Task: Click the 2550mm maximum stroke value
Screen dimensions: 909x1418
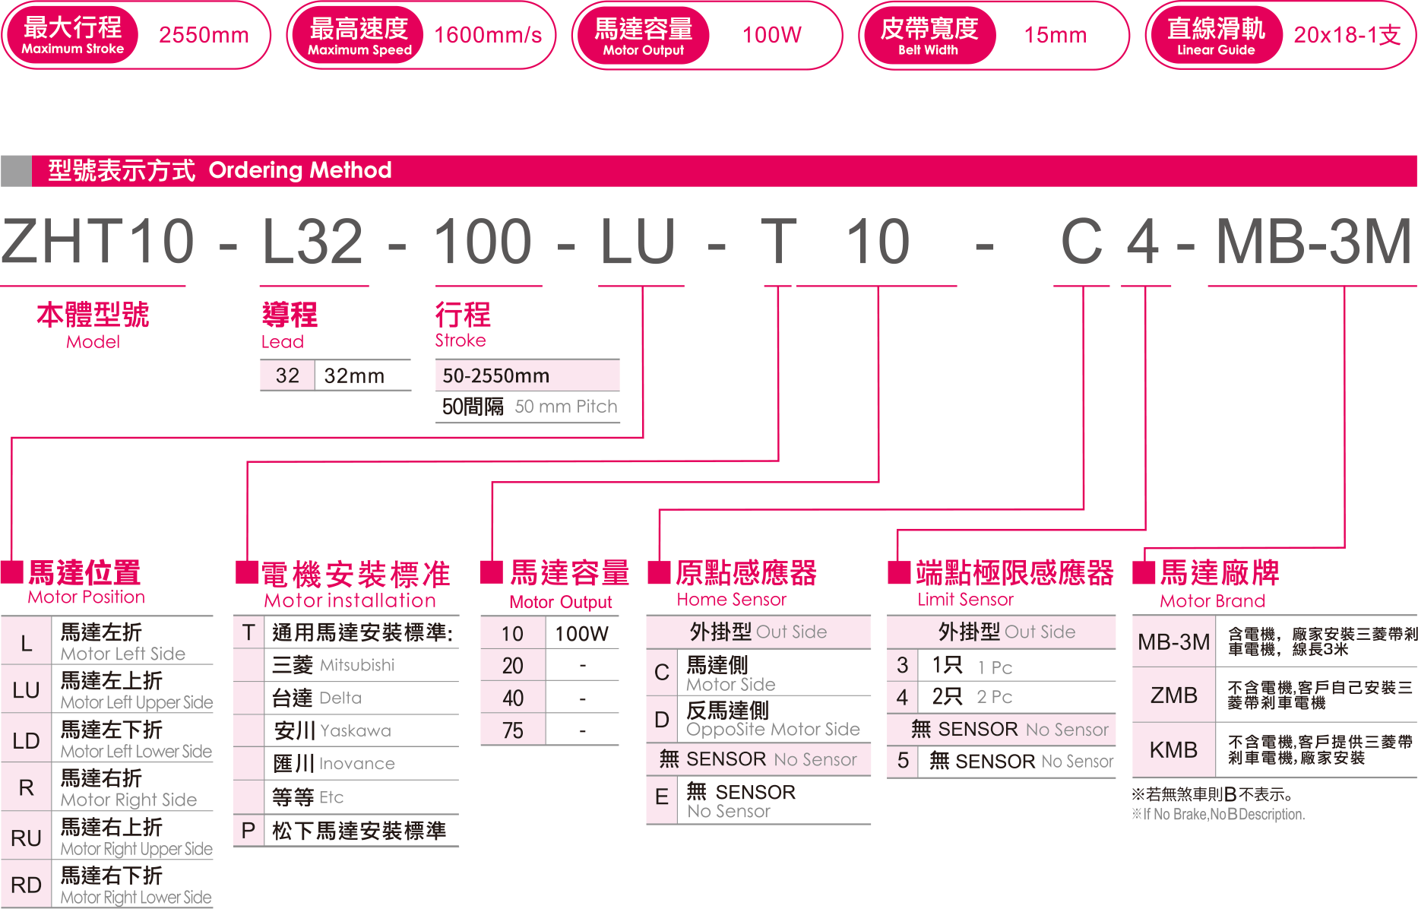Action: [x=204, y=35]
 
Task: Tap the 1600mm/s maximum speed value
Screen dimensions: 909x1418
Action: [x=488, y=35]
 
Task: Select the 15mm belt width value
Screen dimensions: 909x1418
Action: [x=1055, y=35]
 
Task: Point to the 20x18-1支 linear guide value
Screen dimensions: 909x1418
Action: [x=1347, y=35]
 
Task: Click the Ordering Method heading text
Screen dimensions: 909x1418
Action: [x=299, y=170]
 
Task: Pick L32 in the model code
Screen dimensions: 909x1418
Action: [x=313, y=242]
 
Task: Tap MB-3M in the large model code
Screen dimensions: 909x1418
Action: [x=1313, y=242]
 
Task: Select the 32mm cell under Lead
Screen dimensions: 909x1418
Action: [x=354, y=375]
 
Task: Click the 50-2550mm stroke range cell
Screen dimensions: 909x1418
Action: [x=495, y=375]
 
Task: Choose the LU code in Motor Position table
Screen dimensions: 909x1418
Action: [x=26, y=690]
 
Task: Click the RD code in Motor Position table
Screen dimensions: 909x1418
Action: [x=26, y=885]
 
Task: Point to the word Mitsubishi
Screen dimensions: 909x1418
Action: [x=357, y=665]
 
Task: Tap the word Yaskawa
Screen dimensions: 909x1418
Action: [x=355, y=730]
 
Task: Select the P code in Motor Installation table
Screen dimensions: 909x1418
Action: [x=248, y=831]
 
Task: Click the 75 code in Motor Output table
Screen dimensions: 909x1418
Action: [x=512, y=730]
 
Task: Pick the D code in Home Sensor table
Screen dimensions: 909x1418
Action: [x=661, y=719]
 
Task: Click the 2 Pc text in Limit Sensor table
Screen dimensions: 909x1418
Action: [x=994, y=697]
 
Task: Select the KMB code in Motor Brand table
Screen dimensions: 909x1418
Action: [x=1173, y=750]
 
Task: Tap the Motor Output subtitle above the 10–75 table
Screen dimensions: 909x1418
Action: [x=560, y=602]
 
